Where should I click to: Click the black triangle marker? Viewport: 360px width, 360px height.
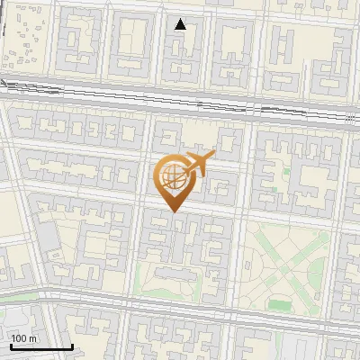[181, 24]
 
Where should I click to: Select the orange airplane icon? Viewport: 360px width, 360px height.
[197, 164]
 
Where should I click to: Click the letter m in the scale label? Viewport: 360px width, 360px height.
[32, 338]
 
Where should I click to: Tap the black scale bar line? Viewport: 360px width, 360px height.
[41, 346]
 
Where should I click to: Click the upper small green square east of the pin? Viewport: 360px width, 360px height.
[286, 171]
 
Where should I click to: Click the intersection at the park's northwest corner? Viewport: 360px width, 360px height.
[244, 217]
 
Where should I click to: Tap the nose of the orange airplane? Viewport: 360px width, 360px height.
[214, 157]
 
